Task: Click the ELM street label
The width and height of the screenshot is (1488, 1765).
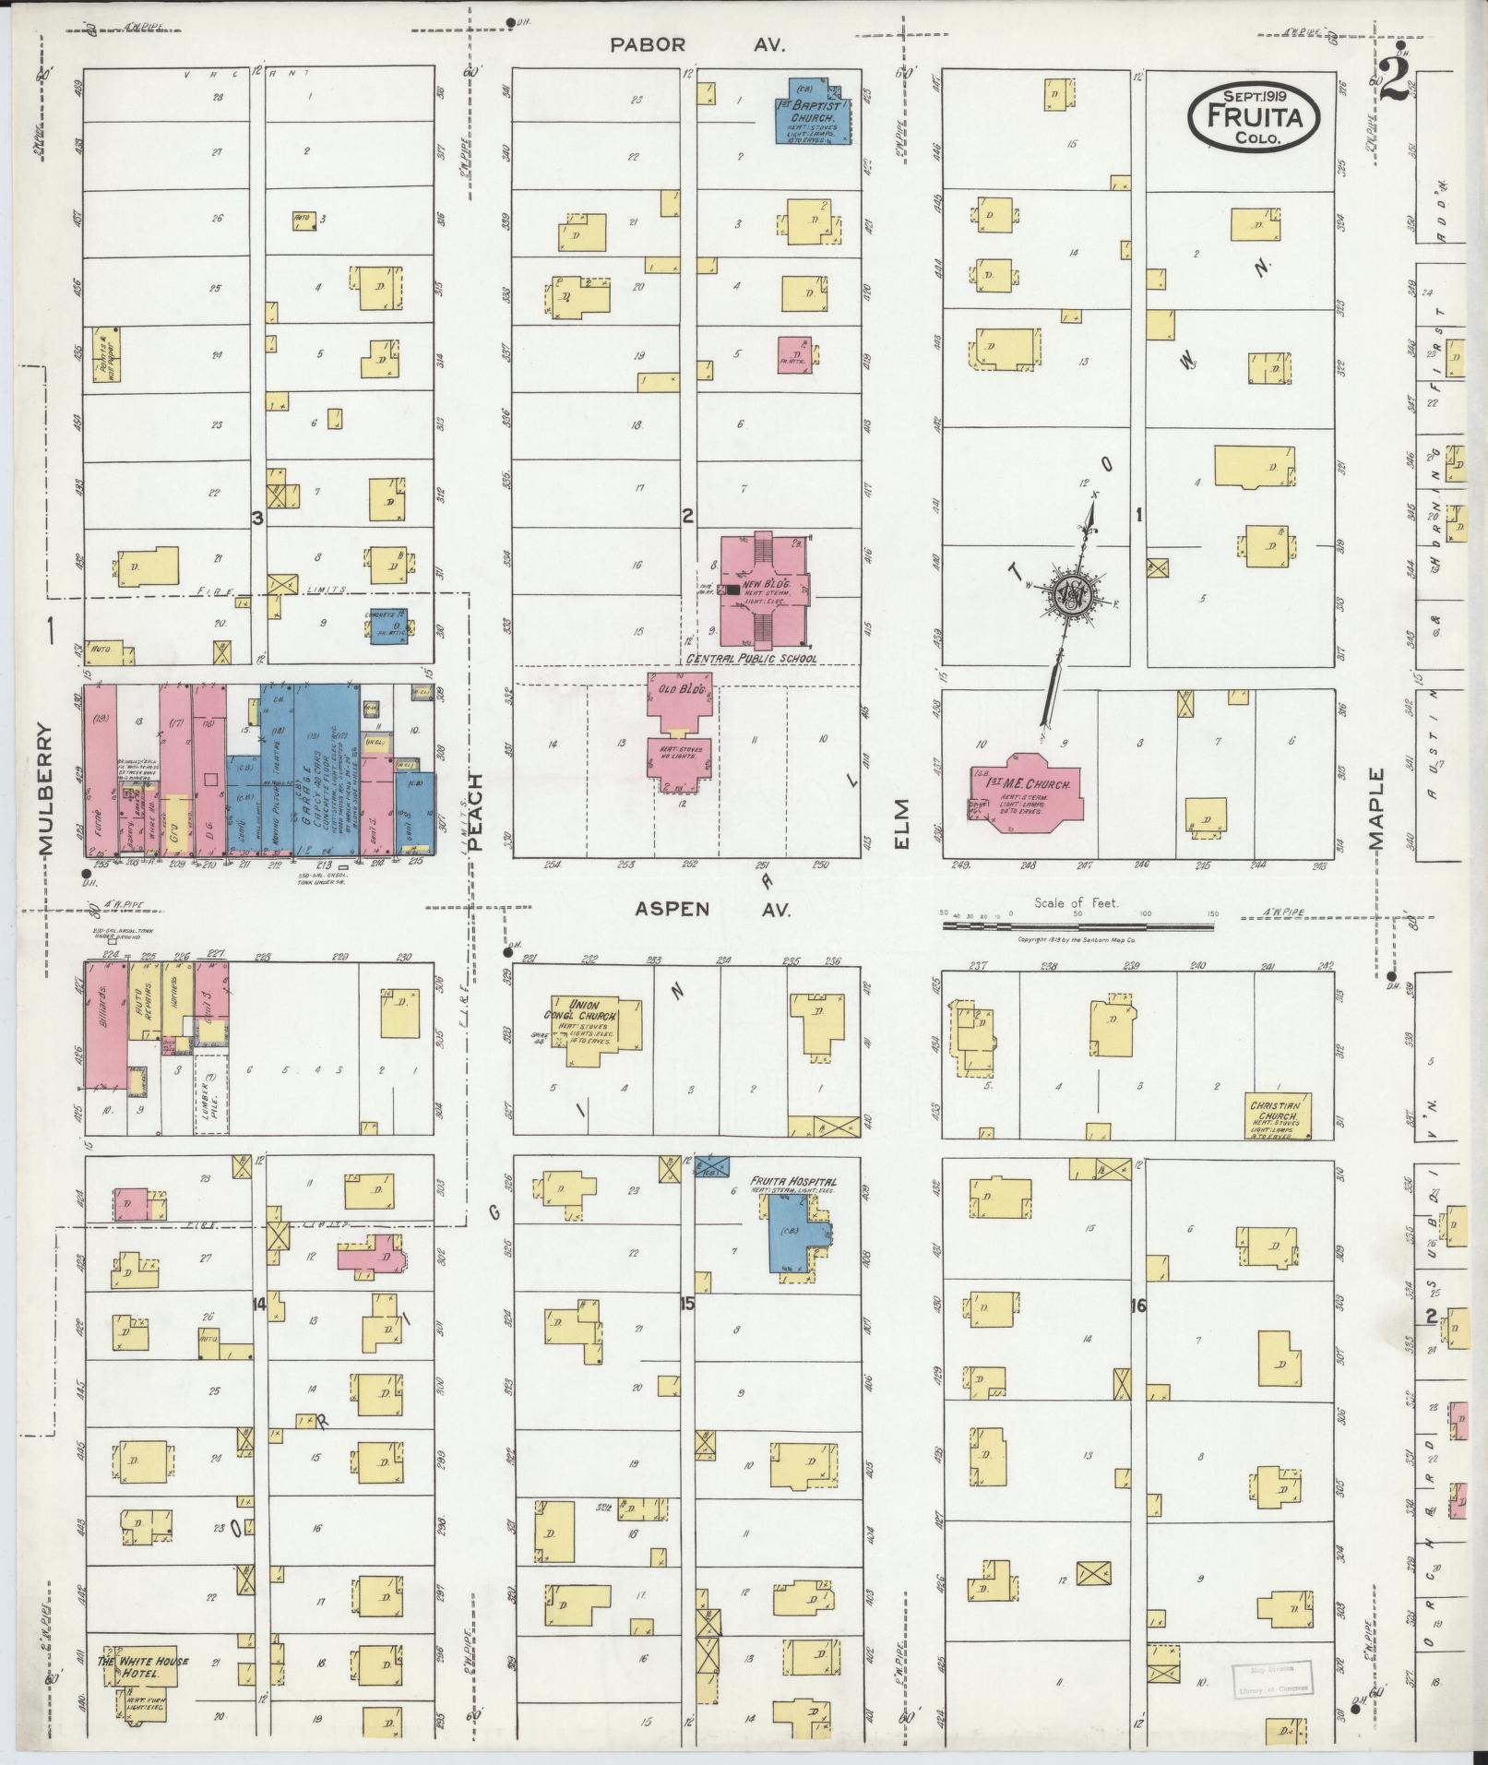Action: [x=901, y=823]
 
